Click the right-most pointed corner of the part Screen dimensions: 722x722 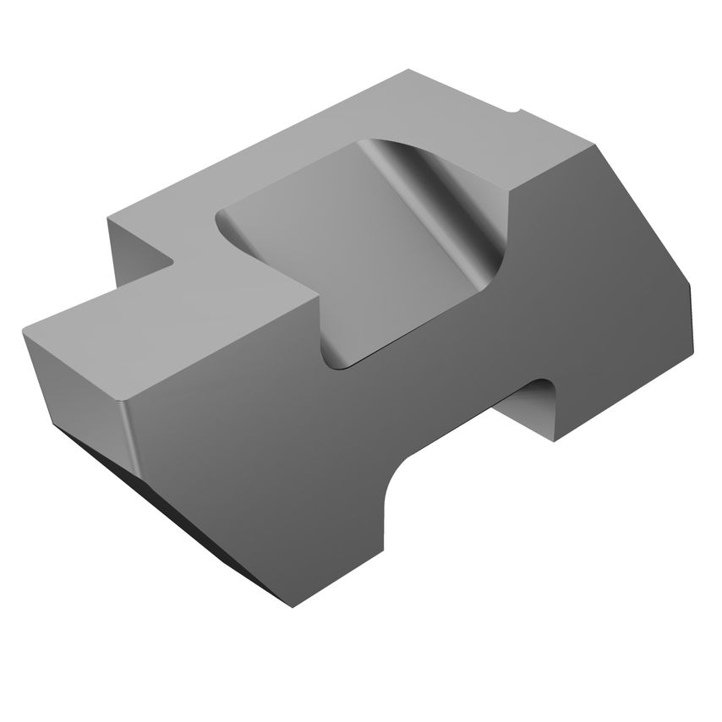tap(692, 287)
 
